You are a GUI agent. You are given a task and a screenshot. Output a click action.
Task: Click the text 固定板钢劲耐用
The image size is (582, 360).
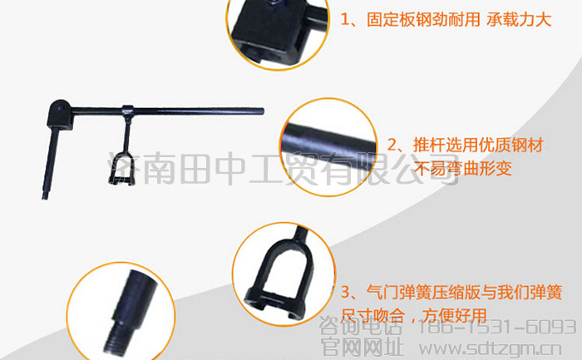point(423,19)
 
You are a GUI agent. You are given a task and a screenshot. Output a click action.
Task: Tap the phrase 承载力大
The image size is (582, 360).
point(519,19)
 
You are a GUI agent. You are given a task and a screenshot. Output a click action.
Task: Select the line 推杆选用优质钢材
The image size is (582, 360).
point(478,145)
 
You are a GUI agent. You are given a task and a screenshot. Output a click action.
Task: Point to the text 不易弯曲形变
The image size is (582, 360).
point(463,168)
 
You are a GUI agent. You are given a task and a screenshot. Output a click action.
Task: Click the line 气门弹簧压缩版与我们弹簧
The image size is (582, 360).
point(464,292)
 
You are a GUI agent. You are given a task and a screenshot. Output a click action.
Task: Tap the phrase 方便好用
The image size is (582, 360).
point(454,315)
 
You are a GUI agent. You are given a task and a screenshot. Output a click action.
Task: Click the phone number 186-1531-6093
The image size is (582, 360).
point(497,328)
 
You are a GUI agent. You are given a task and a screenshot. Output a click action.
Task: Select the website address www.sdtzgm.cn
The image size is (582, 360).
point(491,349)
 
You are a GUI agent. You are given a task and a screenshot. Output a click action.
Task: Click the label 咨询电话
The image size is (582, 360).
point(360,327)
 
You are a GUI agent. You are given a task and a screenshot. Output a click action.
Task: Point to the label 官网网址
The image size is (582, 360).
point(362,348)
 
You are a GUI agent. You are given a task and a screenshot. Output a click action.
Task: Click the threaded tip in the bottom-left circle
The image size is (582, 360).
point(115,339)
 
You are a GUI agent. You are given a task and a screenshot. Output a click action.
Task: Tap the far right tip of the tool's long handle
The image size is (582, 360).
point(263,111)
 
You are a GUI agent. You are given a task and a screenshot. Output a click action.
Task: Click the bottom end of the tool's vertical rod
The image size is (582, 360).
point(45,198)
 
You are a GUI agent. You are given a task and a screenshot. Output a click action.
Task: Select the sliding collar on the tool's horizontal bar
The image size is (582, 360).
point(128,111)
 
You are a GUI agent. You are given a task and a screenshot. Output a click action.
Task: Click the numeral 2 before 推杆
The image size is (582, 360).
point(392,145)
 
